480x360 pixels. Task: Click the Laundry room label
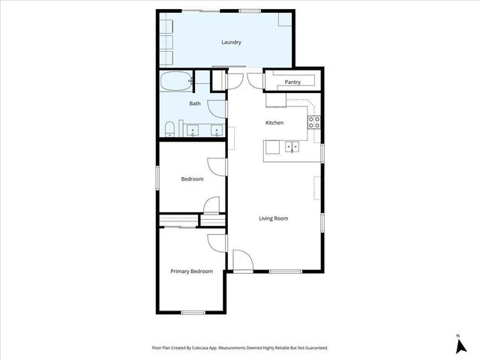coord(231,43)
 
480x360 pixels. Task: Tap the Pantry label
coord(292,81)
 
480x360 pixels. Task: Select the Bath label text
coord(194,103)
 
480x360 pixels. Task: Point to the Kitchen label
coord(274,123)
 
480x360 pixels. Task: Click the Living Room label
coord(274,219)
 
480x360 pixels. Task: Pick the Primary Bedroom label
coord(191,271)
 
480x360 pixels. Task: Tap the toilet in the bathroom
coord(170,127)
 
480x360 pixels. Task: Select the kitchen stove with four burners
coord(314,121)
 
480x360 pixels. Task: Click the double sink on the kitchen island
coord(292,145)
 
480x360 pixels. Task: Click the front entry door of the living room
coord(242,261)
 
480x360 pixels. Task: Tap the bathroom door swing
coord(218,108)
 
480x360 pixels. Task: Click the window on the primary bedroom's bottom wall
coord(193,312)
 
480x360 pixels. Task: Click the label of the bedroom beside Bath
coord(192,179)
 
